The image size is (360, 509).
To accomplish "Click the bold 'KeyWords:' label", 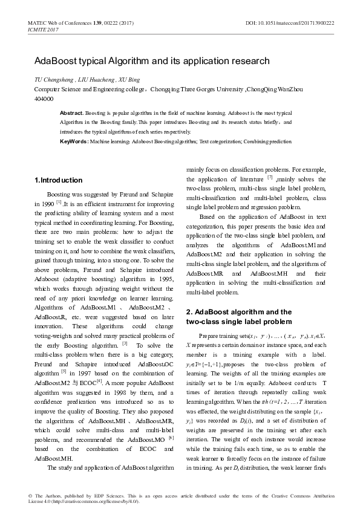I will pyautogui.click(x=73, y=141).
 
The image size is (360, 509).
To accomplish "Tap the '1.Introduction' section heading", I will pyautogui.click(x=58, y=180).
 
